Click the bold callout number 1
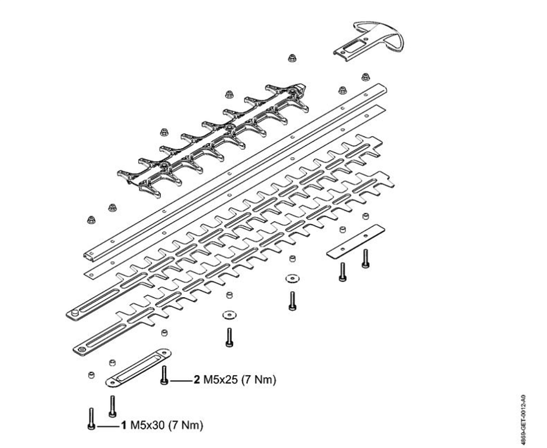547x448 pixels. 124,426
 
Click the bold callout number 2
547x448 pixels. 197,381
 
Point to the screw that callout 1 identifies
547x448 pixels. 91,418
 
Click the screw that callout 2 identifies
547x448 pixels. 164,374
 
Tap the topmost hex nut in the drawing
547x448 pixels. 292,58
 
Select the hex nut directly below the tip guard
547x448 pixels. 366,77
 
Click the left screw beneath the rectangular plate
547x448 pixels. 342,271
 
